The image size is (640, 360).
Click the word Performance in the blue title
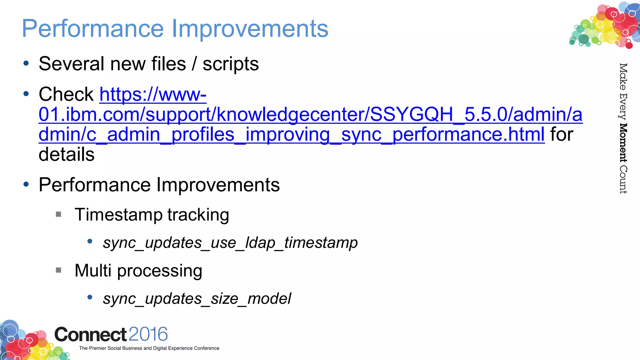click(93, 29)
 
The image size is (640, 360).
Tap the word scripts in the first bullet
click(231, 64)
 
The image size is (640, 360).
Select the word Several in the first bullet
click(72, 64)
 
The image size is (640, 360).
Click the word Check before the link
click(66, 94)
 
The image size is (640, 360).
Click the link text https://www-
click(153, 94)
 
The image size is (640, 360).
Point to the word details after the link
click(66, 154)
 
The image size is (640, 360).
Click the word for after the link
click(562, 134)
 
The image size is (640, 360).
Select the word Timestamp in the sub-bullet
click(118, 215)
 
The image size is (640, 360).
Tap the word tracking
click(198, 215)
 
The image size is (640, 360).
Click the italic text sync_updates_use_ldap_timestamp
click(230, 243)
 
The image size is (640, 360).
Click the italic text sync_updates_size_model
click(197, 299)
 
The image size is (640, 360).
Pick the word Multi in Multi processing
click(93, 270)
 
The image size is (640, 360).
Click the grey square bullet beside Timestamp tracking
click(58, 214)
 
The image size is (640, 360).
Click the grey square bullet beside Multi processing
click(58, 270)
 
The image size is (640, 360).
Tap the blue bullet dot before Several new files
click(26, 63)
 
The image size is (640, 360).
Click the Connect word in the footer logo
click(90, 335)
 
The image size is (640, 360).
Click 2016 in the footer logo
click(148, 334)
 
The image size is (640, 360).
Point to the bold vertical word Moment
click(623, 142)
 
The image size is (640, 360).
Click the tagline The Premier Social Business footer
click(149, 348)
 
